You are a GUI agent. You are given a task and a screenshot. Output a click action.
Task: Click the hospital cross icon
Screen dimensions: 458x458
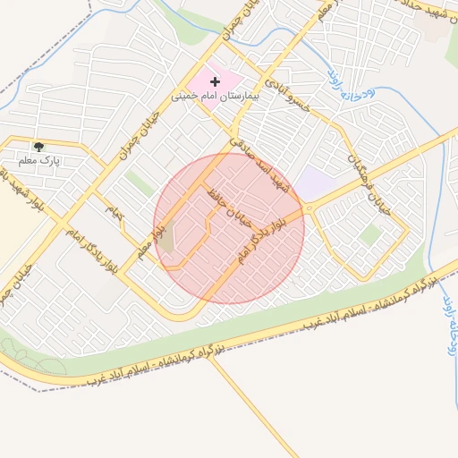click(x=215, y=82)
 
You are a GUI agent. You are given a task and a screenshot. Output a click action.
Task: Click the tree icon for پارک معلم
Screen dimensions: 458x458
click(x=38, y=147)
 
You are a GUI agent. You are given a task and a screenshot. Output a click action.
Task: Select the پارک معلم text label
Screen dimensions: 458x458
click(x=38, y=160)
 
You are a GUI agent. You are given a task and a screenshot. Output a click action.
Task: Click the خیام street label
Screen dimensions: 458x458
click(x=114, y=213)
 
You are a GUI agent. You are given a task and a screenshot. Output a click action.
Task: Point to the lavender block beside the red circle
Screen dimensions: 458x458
click(x=312, y=184)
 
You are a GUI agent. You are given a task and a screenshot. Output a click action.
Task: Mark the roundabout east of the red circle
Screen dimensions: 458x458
click(x=309, y=208)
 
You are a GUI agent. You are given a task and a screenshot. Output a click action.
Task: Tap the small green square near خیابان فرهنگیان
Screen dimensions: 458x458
click(x=369, y=235)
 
